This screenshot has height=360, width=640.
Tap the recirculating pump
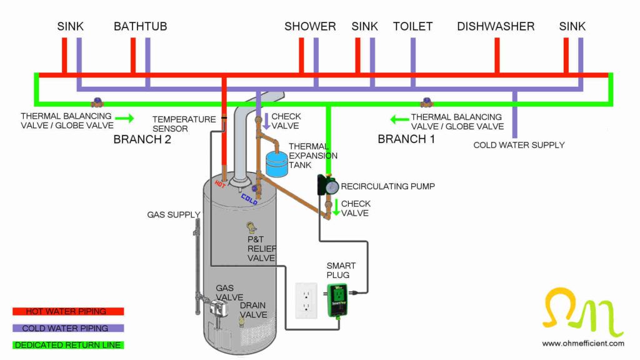tap(327, 185)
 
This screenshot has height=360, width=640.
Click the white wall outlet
tap(306, 298)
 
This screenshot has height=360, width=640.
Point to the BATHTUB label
tap(140, 26)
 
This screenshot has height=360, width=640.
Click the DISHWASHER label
tap(496, 26)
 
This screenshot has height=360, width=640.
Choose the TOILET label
tap(412, 26)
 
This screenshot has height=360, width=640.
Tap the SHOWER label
tap(310, 26)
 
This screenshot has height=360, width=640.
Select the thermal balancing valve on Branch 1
tap(427, 102)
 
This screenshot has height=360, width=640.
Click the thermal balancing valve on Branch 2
tap(97, 102)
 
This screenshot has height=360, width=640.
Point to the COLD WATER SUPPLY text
tap(519, 145)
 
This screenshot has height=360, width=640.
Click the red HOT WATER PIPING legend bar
tap(68, 311)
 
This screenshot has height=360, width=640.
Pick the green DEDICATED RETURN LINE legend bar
tap(68, 344)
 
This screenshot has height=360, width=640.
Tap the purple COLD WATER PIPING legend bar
tap(68, 328)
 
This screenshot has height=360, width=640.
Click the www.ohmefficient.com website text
tap(582, 343)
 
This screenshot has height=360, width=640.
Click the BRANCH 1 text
tap(406, 139)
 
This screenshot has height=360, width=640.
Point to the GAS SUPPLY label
tap(174, 214)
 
